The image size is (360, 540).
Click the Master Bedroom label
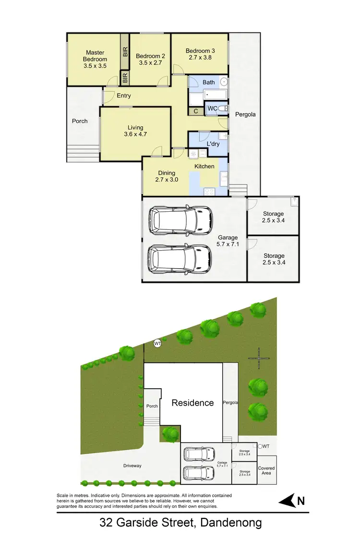point(95,56)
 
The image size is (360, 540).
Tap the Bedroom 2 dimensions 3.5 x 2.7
point(150,62)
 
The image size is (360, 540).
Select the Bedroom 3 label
point(200,51)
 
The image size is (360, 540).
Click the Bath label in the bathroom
point(209,83)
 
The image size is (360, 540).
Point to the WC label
point(212,109)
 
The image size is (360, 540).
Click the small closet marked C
point(196,111)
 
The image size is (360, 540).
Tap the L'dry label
point(214,144)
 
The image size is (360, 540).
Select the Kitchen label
point(204,167)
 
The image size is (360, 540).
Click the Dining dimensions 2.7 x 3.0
point(167,180)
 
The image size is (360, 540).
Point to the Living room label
point(135,128)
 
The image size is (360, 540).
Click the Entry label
point(124,96)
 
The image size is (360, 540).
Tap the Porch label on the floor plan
point(80,121)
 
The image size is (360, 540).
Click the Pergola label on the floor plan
point(245,115)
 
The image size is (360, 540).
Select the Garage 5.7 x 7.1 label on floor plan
point(228,241)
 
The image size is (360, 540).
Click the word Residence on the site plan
point(193,403)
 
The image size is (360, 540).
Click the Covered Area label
point(266,470)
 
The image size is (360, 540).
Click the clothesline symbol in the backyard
point(258,358)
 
